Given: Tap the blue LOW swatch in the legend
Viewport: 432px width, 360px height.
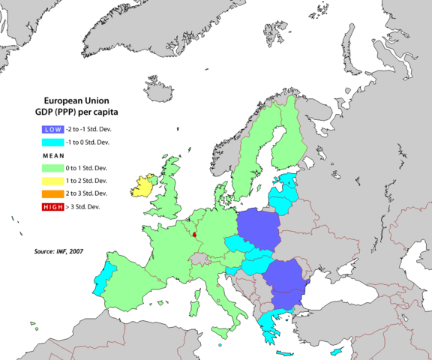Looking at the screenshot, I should (x=52, y=128).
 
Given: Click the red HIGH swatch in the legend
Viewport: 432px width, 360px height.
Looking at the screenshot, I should (x=52, y=206).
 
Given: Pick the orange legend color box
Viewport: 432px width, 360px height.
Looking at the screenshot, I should (x=52, y=193).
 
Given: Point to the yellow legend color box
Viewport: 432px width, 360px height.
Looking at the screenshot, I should (x=52, y=181).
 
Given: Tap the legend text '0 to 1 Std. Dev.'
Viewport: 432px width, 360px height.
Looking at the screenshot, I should (x=87, y=168).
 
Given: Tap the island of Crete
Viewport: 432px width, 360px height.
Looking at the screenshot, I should (x=287, y=353).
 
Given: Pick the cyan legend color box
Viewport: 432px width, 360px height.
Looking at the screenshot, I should (x=52, y=142).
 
